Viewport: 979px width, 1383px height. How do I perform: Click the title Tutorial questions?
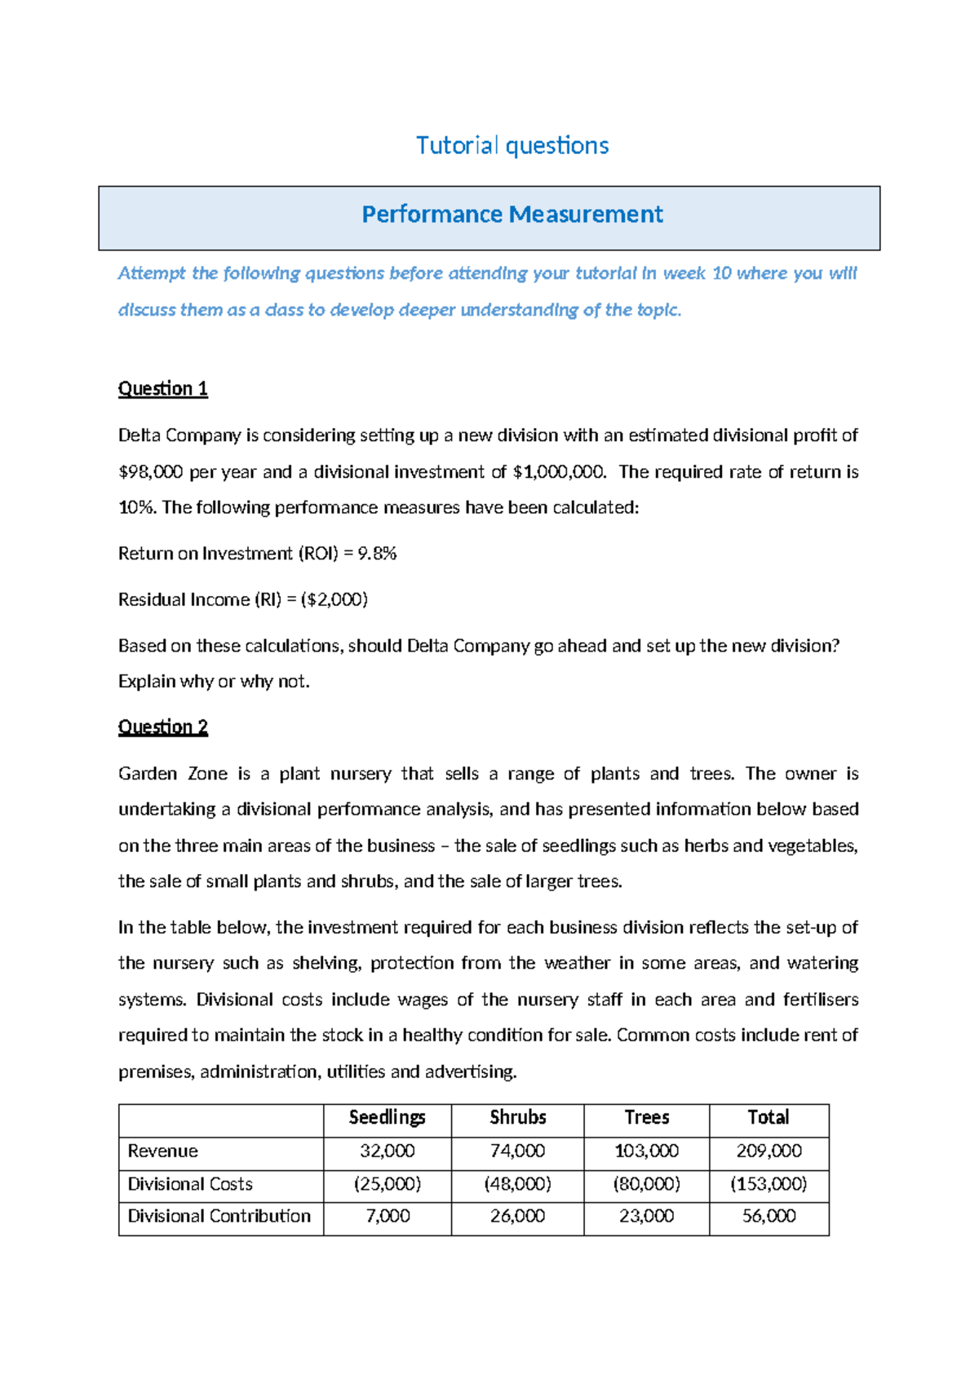512,146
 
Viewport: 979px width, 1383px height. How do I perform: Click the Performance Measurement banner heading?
512,214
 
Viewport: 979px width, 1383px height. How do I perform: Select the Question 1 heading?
163,388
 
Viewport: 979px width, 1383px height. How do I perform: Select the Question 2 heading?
163,727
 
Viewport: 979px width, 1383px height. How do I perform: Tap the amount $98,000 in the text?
150,472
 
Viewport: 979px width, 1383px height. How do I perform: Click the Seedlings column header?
388,1117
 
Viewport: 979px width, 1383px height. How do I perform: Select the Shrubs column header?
517,1117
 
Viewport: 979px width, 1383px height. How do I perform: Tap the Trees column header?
646,1117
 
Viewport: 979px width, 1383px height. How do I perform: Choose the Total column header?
769,1117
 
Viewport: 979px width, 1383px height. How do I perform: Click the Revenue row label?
162,1151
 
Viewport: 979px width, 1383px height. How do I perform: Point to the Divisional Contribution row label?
219,1216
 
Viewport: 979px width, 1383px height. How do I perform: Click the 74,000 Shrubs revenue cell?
517,1151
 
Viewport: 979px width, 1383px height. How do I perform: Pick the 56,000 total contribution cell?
769,1216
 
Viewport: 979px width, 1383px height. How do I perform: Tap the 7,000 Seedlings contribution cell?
388,1216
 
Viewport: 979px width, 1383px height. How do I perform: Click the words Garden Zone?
172,774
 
